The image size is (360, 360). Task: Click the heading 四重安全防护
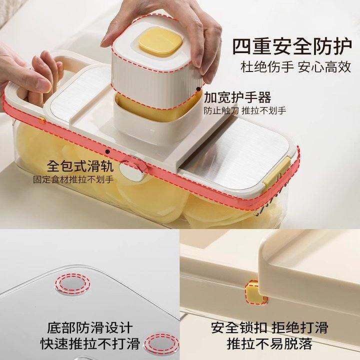(292, 46)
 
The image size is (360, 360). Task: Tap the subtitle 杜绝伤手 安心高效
(295, 67)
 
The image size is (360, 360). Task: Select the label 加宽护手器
(237, 97)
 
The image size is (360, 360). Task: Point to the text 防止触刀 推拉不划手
(244, 110)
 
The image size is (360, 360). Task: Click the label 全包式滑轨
(80, 166)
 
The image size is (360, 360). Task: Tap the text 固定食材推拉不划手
(73, 179)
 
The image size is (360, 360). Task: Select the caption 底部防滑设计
(90, 327)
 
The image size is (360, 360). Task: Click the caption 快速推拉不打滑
(90, 343)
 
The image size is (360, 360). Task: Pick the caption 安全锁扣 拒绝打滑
(269, 327)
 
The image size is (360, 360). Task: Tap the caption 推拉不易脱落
(269, 343)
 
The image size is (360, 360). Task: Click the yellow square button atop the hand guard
(160, 42)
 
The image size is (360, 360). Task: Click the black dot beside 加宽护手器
(198, 89)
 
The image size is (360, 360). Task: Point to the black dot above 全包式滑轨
(107, 151)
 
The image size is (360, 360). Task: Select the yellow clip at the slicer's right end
(277, 171)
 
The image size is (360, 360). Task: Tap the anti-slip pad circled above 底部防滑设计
(73, 284)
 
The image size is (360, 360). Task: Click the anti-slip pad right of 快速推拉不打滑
(161, 343)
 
